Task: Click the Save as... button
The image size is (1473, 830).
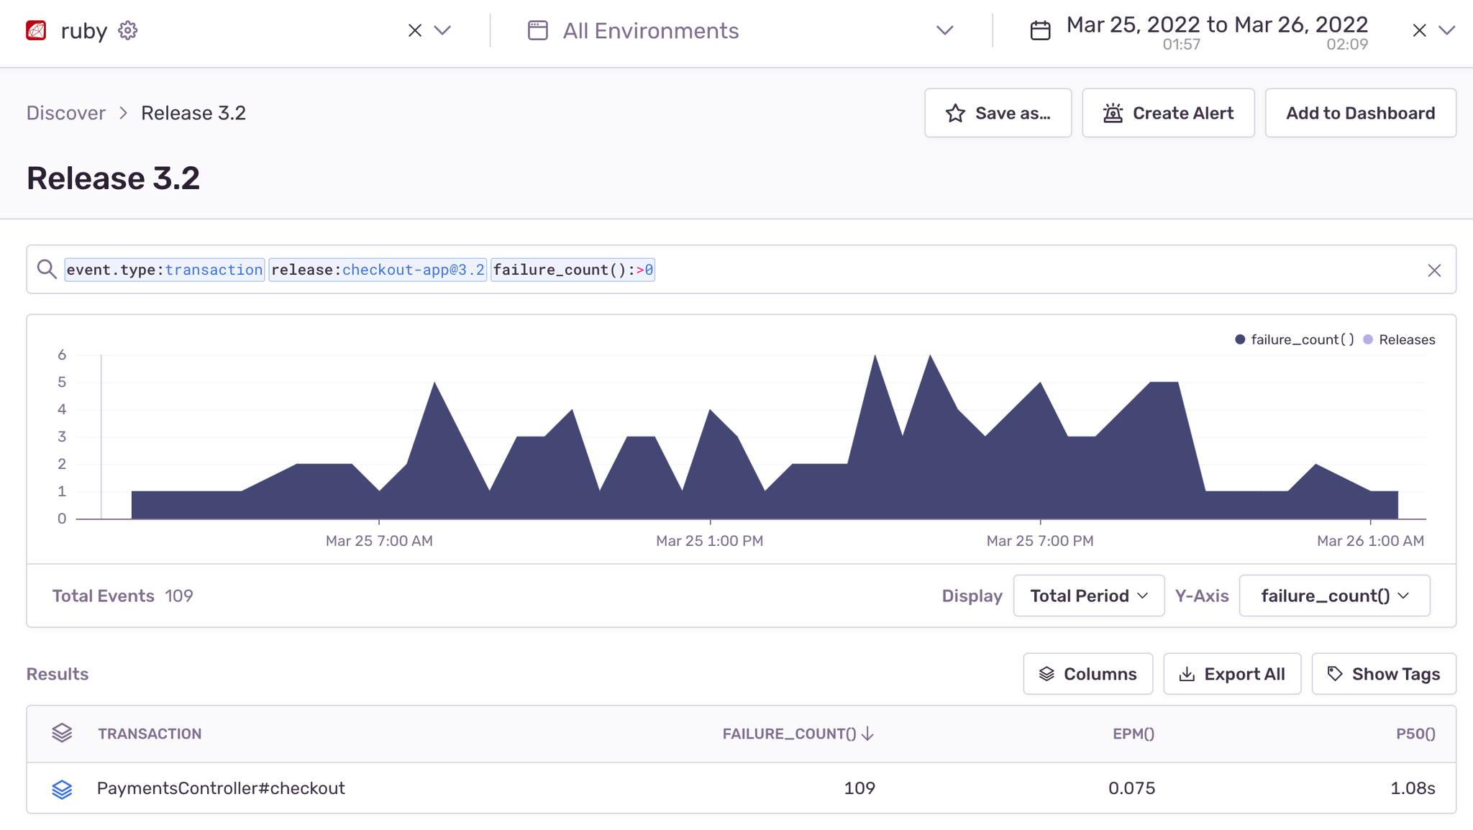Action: click(998, 113)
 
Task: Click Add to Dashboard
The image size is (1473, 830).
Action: click(1359, 113)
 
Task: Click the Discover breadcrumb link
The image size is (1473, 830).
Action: click(66, 113)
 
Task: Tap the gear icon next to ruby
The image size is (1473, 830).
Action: click(128, 31)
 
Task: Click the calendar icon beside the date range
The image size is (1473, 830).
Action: click(1040, 31)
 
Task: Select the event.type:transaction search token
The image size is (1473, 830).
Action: click(165, 270)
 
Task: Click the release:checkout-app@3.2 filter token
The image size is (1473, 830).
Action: click(378, 270)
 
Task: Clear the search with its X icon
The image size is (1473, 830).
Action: click(1433, 270)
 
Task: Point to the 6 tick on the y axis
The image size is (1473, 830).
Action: click(62, 355)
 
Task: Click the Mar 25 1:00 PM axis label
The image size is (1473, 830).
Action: click(709, 541)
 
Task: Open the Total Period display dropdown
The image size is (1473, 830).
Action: click(1088, 596)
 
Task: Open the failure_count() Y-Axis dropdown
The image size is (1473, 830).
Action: click(1334, 596)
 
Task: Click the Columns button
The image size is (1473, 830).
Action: click(1087, 674)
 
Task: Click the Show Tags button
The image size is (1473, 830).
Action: click(1383, 674)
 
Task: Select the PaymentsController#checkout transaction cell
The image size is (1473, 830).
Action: click(221, 788)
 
